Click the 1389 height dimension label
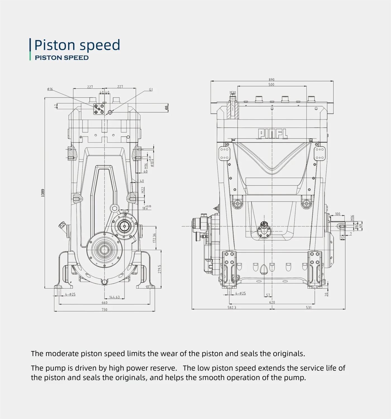pyautogui.click(x=43, y=193)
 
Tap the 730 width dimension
pyautogui.click(x=104, y=309)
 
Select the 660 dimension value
pyautogui.click(x=104, y=302)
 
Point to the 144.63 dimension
pyautogui.click(x=114, y=297)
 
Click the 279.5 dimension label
pyautogui.click(x=159, y=269)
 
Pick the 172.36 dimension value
pyautogui.click(x=154, y=238)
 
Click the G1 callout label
pyautogui.click(x=151, y=90)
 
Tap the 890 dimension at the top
pyautogui.click(x=271, y=80)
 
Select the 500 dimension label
pyautogui.click(x=271, y=84)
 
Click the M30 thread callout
pyautogui.click(x=233, y=93)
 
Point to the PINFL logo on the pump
pyautogui.click(x=272, y=134)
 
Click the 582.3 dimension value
pyautogui.click(x=232, y=307)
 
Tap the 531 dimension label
pyautogui.click(x=309, y=307)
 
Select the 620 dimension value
pyautogui.click(x=272, y=302)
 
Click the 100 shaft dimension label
pyautogui.click(x=338, y=214)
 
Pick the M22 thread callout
pyautogui.click(x=143, y=190)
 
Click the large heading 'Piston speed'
pyautogui.click(x=77, y=45)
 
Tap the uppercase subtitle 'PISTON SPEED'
pyautogui.click(x=62, y=58)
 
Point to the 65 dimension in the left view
pyautogui.click(x=167, y=107)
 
